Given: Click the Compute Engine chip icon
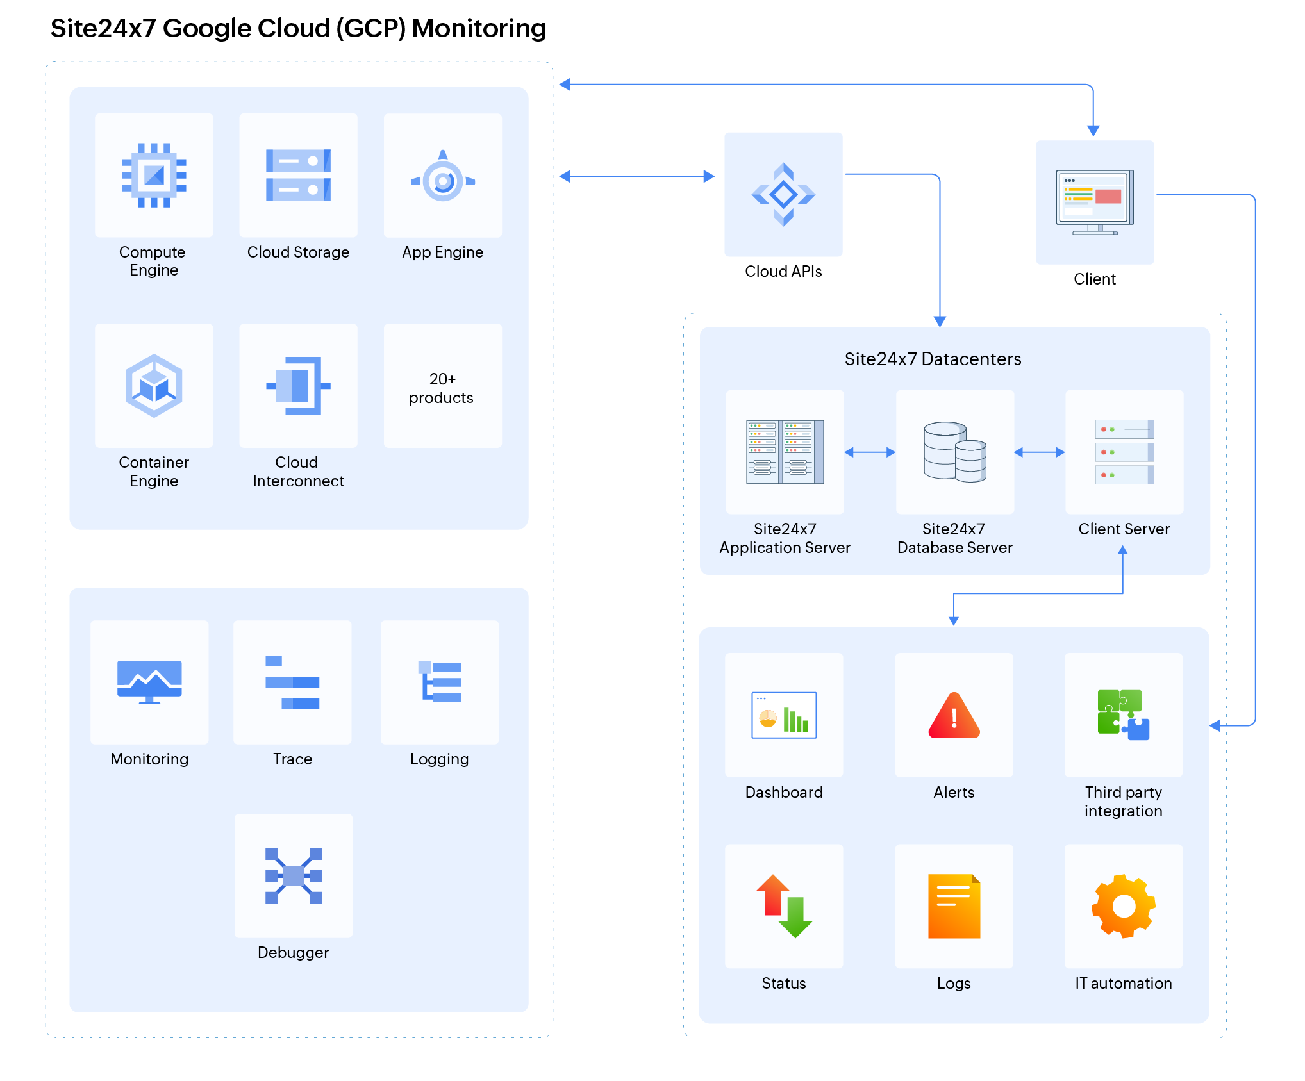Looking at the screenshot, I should (154, 175).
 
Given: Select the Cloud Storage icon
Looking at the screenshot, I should (298, 175).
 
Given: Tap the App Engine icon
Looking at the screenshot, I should (443, 179).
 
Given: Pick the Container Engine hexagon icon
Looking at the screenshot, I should (154, 386).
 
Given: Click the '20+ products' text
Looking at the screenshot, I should (442, 388).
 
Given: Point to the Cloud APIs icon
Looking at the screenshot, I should (783, 194).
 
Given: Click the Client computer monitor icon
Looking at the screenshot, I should (1095, 202).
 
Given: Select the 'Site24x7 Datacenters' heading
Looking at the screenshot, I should (933, 359).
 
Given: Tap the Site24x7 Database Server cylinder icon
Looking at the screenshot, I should (954, 451).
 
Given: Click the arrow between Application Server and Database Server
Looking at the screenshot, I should (870, 452).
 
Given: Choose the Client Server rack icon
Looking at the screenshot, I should (1124, 452).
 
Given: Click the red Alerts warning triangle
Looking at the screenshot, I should (954, 716).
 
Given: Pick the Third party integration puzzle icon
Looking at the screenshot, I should (1123, 715).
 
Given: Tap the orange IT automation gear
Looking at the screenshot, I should (1123, 906).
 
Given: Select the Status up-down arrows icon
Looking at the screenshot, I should (783, 906).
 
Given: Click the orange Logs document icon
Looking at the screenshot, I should (954, 906).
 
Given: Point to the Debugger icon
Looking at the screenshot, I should (294, 875).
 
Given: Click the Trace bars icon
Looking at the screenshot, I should (292, 682).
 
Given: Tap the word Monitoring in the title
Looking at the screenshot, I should (479, 28).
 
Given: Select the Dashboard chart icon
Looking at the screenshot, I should (783, 715).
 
